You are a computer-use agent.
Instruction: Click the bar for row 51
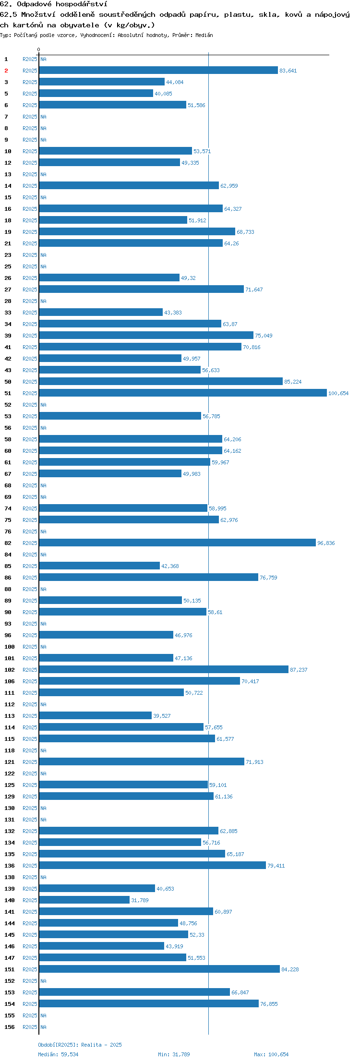(183, 393)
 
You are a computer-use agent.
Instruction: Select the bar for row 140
(84, 900)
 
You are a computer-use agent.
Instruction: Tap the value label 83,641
(288, 71)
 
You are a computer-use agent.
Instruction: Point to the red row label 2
(6, 71)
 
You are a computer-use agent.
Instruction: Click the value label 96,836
(326, 543)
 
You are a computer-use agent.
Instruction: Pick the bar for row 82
(178, 543)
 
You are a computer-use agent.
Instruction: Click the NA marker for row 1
(43, 59)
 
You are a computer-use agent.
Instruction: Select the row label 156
(10, 1027)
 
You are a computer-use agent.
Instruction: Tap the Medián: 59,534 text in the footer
(58, 1054)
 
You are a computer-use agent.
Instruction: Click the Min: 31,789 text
(174, 1054)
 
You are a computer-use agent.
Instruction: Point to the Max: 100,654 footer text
(271, 1054)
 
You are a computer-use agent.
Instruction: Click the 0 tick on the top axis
(39, 49)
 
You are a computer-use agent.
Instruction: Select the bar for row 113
(96, 715)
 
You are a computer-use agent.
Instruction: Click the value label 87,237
(299, 670)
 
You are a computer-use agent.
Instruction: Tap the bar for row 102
(164, 669)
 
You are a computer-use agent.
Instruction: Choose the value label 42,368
(170, 566)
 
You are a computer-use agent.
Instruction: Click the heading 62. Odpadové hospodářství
(54, 4)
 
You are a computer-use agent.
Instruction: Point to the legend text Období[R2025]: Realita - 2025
(80, 1045)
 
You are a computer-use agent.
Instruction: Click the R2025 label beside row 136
(30, 866)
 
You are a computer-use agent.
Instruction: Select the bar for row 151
(159, 969)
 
